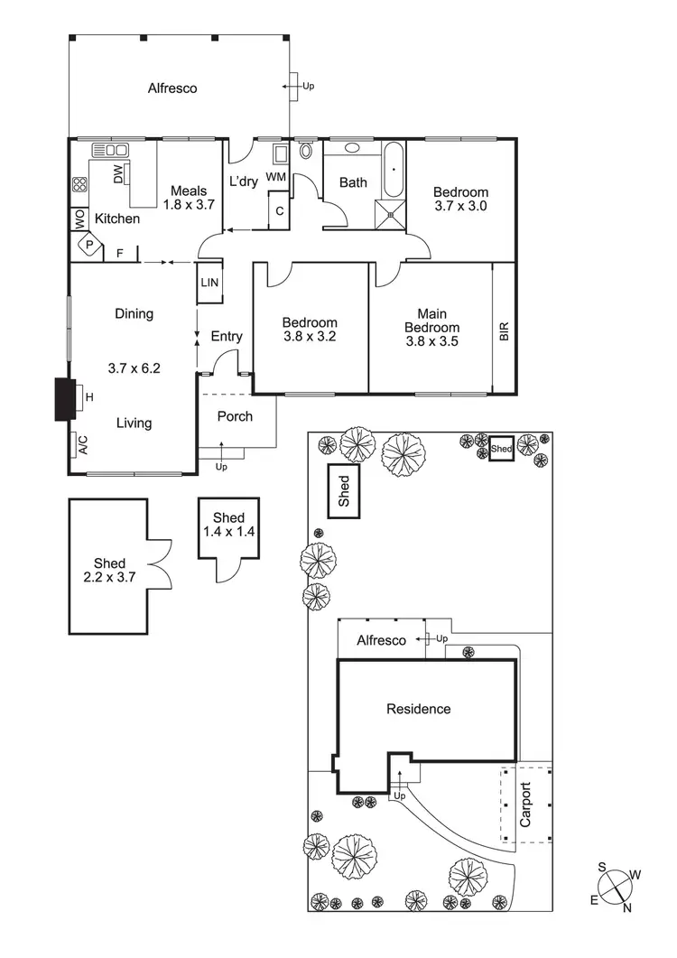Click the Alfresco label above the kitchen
pos(172,88)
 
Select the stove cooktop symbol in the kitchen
pos(79,186)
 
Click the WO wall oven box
pos(79,219)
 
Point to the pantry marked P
pos(89,244)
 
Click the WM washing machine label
pos(276,177)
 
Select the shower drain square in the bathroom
pos(391,215)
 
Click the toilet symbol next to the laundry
pos(305,151)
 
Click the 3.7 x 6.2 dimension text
pos(134,368)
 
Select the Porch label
pos(235,416)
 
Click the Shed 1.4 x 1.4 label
pos(228,525)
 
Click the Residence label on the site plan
pos(418,709)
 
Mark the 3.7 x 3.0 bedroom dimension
pos(460,206)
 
